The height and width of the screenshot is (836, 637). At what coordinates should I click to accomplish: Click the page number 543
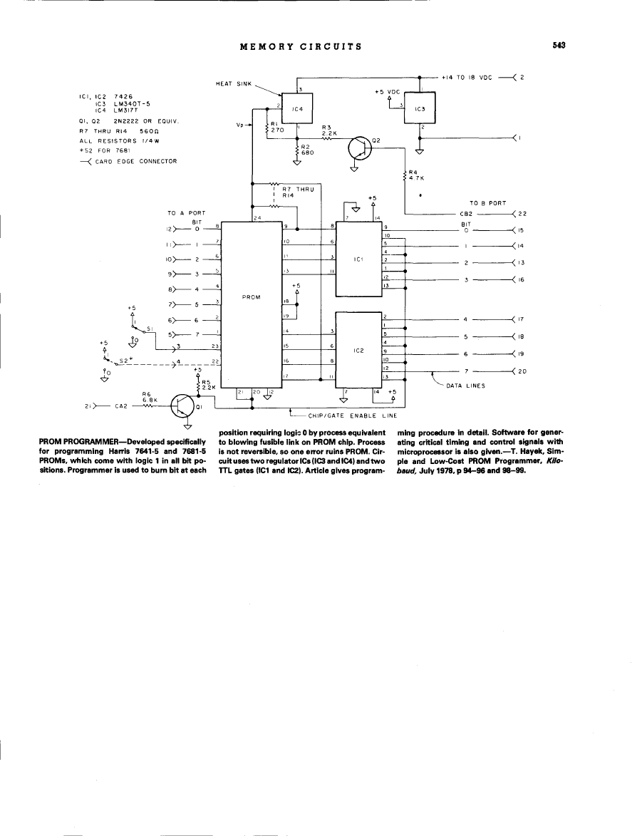[558, 46]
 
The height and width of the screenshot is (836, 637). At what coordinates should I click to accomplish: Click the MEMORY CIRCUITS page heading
[301, 47]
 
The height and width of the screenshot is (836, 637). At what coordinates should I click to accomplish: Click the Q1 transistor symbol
[184, 408]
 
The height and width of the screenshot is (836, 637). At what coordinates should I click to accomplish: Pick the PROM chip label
[252, 296]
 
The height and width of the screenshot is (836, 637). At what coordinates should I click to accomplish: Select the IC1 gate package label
[358, 259]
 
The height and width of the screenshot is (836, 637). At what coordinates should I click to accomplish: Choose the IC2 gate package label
[358, 350]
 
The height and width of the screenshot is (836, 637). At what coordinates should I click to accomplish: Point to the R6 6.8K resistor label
[147, 398]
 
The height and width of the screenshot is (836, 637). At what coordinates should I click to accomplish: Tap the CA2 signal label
[120, 408]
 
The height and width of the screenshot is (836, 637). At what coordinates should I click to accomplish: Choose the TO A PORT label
[186, 213]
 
